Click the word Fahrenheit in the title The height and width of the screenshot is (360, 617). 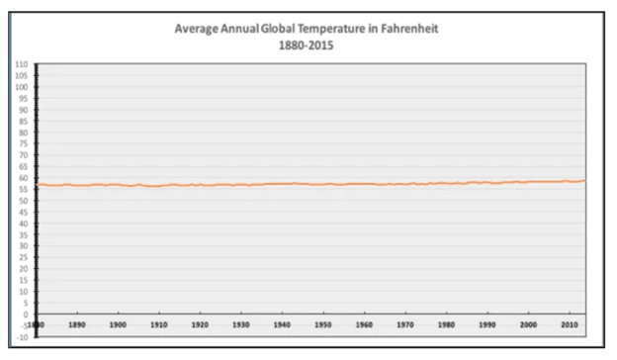point(404,28)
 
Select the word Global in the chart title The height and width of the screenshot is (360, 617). point(270,28)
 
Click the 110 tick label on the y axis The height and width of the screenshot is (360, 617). point(21,64)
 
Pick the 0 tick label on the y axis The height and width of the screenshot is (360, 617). point(24,315)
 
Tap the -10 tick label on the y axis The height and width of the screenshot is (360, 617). point(21,337)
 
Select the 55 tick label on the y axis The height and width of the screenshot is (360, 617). point(22,190)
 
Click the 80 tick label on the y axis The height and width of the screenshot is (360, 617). point(22,133)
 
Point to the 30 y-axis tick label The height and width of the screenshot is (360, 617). point(22,246)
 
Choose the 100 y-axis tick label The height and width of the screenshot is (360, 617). point(21,87)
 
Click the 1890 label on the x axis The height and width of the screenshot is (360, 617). point(77,323)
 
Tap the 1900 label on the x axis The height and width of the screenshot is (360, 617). point(118,323)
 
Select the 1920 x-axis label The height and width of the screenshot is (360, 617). point(200,323)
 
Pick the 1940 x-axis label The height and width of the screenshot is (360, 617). point(282,323)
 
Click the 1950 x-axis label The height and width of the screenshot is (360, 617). point(323,323)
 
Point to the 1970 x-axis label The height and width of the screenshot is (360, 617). point(405,323)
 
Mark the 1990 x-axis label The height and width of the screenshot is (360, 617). point(487,323)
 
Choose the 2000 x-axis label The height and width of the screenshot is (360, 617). point(529,323)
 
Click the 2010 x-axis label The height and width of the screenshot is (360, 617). point(570,323)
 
